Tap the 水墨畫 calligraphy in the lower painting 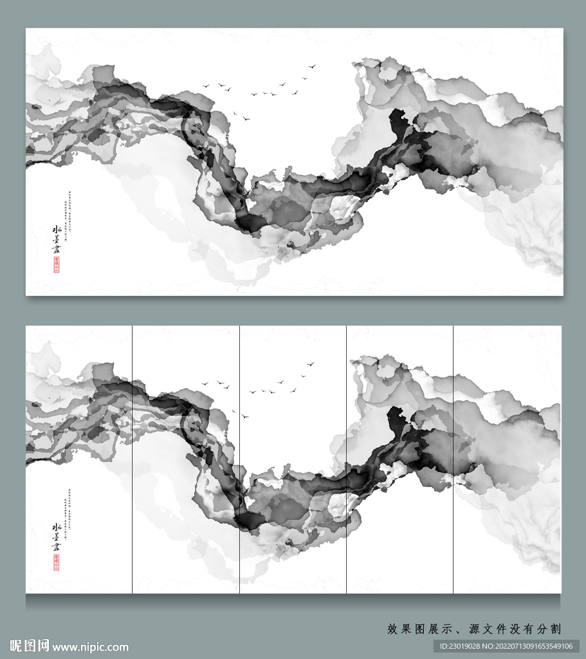click(x=57, y=537)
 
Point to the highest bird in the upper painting click(x=313, y=66)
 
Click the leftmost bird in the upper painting click(x=206, y=86)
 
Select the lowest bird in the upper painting click(x=245, y=118)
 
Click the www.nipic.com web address click(x=90, y=647)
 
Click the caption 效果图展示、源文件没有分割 click(x=474, y=629)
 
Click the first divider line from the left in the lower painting click(x=133, y=459)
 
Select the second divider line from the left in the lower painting click(x=240, y=459)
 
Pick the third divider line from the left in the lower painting click(x=347, y=459)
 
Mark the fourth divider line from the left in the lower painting click(x=453, y=459)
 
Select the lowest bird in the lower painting click(x=244, y=416)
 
